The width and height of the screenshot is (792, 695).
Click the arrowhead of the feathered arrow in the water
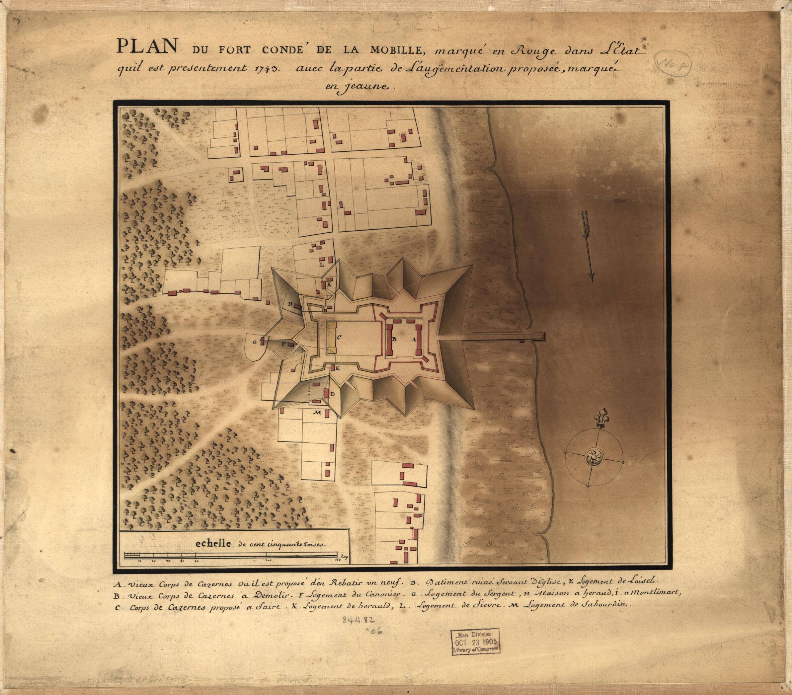[591, 276]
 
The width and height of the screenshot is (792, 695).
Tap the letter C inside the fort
[339, 337]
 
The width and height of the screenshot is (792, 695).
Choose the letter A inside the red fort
[414, 339]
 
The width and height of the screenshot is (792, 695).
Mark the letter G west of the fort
[255, 342]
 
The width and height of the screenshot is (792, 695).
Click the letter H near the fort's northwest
[289, 304]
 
